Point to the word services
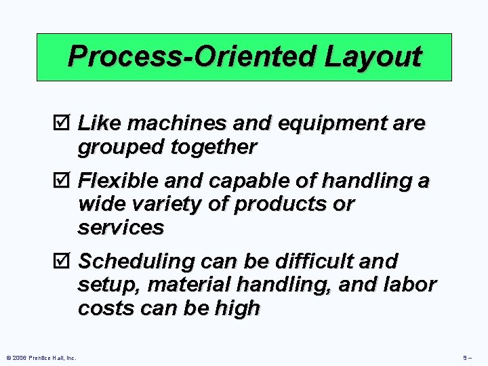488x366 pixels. click(121, 228)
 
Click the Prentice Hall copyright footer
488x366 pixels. click(41, 357)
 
